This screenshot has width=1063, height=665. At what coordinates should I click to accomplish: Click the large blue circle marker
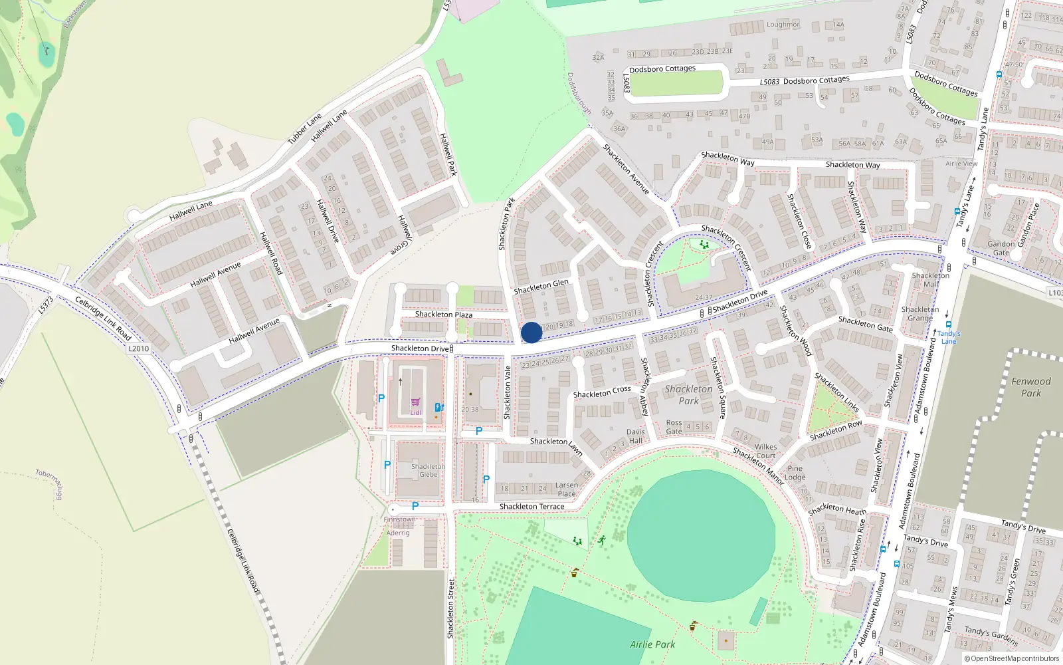[531, 332]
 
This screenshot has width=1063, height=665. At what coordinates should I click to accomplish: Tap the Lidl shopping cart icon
[415, 402]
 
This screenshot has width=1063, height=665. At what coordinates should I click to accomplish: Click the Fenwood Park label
[1030, 387]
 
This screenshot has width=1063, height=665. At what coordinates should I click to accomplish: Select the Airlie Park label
[652, 644]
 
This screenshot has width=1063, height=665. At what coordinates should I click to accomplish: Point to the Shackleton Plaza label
[443, 315]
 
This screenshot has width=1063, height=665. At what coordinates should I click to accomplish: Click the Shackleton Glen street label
[541, 287]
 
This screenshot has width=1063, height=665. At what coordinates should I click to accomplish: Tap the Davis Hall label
[636, 436]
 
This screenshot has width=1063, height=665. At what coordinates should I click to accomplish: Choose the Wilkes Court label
[765, 452]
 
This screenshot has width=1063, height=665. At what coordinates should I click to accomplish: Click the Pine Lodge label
[795, 473]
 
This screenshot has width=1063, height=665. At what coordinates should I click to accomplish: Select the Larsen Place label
[567, 489]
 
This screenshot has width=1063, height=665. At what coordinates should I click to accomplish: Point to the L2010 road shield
[139, 348]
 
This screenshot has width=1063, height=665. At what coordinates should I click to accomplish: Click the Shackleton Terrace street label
[531, 507]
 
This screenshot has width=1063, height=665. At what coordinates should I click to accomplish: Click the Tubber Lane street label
[304, 129]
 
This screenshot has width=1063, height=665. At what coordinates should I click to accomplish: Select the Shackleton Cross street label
[602, 392]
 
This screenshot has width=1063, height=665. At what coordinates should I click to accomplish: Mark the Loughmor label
[783, 25]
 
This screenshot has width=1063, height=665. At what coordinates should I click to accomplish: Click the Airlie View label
[961, 164]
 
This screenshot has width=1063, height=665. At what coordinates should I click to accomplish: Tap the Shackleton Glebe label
[428, 470]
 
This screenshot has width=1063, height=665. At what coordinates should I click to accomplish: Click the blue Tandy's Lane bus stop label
[949, 337]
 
